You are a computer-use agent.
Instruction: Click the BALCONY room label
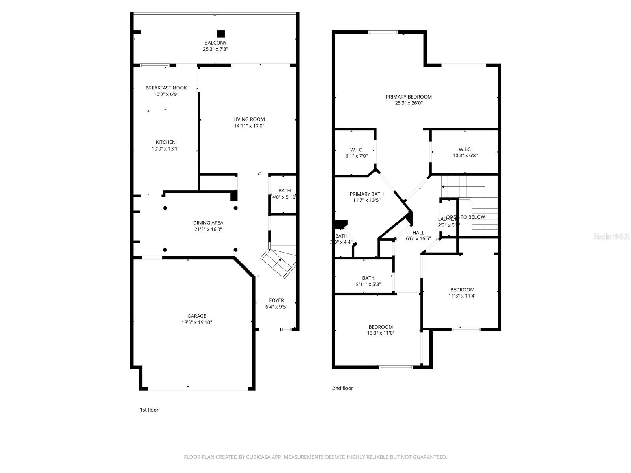(215, 43)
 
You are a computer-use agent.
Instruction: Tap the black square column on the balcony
(221, 34)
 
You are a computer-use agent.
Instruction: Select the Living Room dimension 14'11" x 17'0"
(249, 126)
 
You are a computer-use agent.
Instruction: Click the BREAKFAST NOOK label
(166, 88)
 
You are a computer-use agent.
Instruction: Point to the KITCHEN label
(165, 142)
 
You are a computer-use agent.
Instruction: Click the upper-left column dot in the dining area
(165, 208)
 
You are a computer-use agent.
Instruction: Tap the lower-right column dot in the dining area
(235, 250)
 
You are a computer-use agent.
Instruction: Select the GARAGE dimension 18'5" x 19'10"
(196, 322)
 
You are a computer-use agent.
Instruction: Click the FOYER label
(276, 300)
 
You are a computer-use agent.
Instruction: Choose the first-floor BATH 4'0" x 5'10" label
(284, 191)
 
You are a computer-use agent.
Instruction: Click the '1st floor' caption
(149, 410)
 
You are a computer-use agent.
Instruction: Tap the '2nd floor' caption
(342, 388)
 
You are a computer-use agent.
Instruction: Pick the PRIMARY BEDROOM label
(409, 97)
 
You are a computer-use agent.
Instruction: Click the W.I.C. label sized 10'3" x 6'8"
(465, 149)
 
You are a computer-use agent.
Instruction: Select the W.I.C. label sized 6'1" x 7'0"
(357, 150)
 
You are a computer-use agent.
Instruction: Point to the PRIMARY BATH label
(366, 194)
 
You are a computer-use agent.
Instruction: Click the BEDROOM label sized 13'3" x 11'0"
(381, 327)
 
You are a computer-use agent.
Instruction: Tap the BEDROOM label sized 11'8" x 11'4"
(462, 289)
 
